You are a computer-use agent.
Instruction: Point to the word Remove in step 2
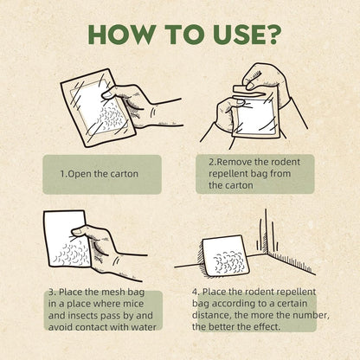[x=234, y=162]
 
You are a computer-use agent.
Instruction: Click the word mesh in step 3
[x=113, y=292]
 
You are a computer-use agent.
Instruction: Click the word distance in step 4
[x=211, y=315]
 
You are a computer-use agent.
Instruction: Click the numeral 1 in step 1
[x=62, y=174]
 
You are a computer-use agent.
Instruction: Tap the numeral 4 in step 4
[x=196, y=292]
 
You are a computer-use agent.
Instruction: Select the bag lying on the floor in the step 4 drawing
[x=225, y=256]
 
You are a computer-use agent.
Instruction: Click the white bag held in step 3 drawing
[x=67, y=239]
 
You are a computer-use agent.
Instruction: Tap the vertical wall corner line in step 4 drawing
[x=266, y=231]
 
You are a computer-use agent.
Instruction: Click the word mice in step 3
[x=133, y=304]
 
